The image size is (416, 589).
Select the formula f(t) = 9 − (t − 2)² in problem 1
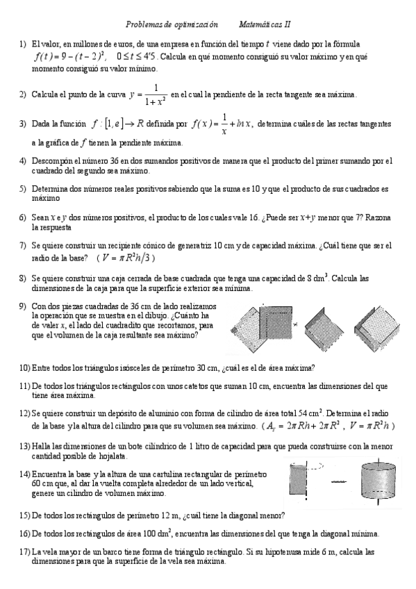click(x=69, y=58)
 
